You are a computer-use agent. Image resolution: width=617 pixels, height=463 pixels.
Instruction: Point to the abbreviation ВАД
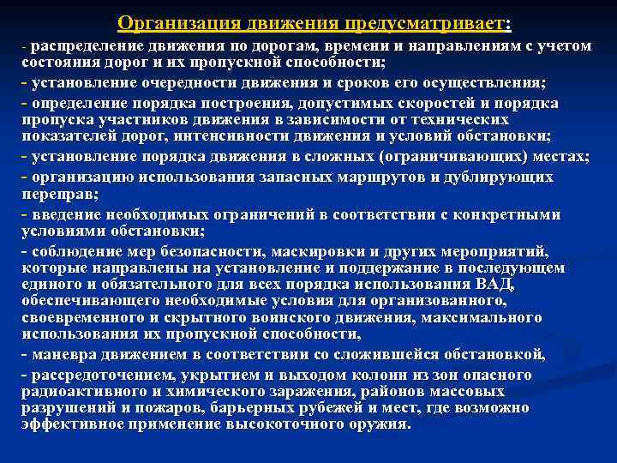pyautogui.click(x=496, y=283)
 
